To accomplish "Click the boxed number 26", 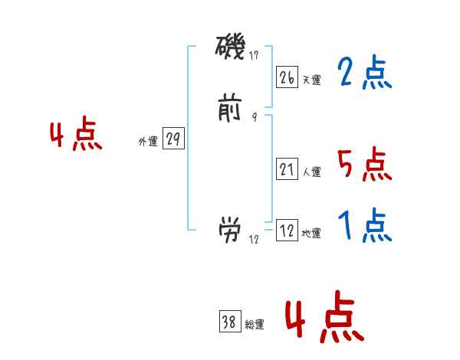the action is [287, 77].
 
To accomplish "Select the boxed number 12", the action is [287, 231].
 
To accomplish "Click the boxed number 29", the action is [173, 139].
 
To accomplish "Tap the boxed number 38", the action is [229, 322].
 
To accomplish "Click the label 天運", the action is [311, 80].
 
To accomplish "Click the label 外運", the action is [148, 142].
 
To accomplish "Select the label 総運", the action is [254, 325].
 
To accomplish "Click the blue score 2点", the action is [364, 74].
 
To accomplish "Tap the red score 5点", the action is [364, 165].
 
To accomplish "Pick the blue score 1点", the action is [364, 226].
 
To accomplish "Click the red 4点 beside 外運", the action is [76, 136].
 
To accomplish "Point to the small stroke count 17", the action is [254, 55].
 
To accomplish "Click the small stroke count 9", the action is [254, 117].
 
